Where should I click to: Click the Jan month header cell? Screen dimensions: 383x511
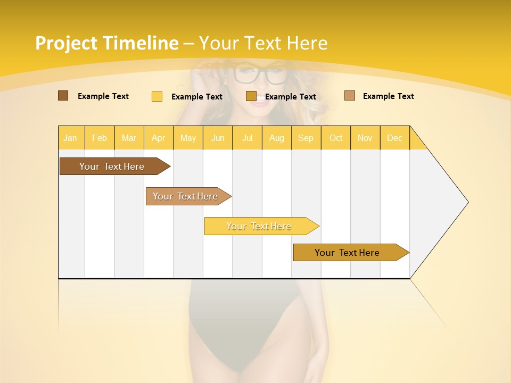point(71,138)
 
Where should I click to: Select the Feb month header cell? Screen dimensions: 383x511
point(100,138)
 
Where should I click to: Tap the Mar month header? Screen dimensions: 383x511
point(129,138)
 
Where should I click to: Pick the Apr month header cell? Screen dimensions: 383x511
point(159,138)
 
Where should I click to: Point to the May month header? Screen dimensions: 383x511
point(188,138)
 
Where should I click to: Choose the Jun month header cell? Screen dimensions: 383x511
point(218,138)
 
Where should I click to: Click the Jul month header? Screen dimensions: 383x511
point(247,138)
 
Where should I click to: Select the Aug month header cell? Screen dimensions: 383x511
point(277,138)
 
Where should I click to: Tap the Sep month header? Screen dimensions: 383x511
point(306,138)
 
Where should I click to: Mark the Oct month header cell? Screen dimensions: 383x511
point(336,138)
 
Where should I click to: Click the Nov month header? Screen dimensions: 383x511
point(365,138)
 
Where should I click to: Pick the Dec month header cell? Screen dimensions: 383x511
point(394,138)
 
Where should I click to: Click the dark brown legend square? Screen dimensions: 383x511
point(63,96)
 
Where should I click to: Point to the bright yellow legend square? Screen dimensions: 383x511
point(157,96)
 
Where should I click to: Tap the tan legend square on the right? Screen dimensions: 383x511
point(350,96)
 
